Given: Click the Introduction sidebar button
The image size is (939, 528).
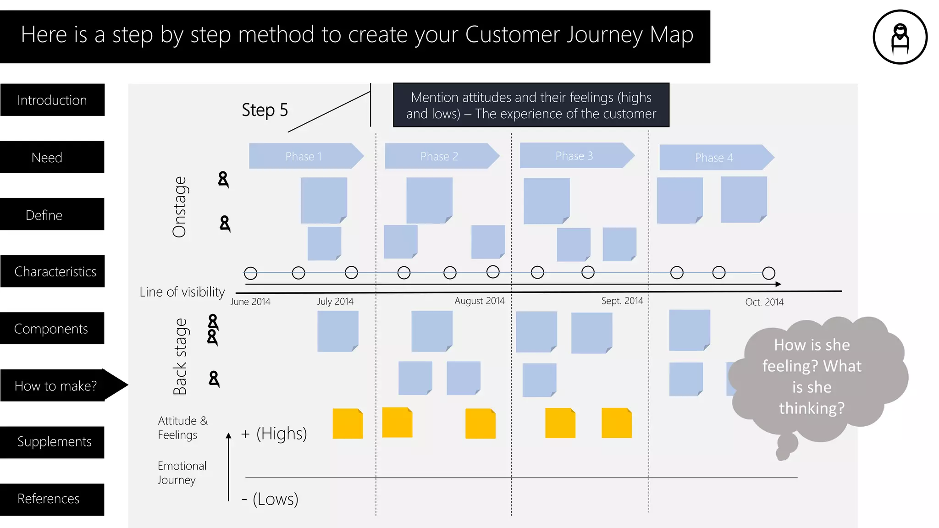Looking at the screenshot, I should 52,100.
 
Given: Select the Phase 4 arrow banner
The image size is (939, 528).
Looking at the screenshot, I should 714,158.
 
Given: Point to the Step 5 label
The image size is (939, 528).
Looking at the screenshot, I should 265,110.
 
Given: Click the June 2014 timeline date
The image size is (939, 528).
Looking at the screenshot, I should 250,302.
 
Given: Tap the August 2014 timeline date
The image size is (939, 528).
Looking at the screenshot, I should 479,301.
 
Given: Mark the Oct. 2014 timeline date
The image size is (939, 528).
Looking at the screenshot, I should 764,302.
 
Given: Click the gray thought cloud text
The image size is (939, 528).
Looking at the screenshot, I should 812,376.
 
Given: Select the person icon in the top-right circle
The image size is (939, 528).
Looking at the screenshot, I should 900,37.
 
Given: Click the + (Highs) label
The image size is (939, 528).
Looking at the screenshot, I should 274,433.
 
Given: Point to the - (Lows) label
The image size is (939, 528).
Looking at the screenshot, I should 270,499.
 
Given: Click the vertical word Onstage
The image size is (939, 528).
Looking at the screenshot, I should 179,207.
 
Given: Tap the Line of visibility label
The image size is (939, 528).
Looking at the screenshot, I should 182,292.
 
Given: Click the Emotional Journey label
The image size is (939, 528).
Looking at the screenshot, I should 182,473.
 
